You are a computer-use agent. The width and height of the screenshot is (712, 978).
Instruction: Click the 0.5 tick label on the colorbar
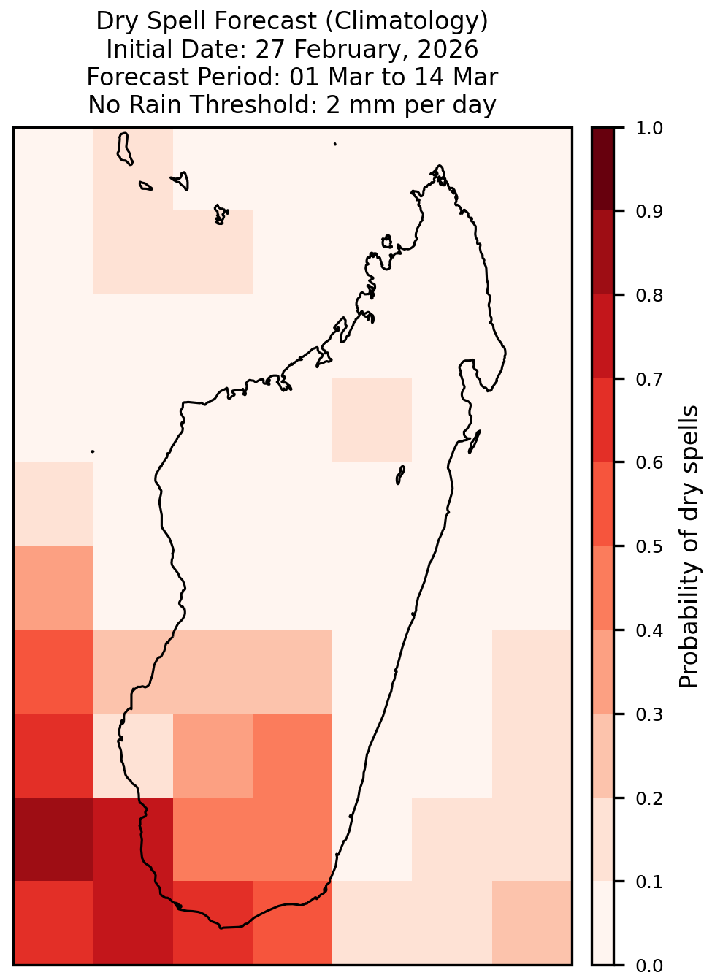(x=648, y=546)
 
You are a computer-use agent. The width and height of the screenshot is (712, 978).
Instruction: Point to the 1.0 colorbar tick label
(x=648, y=129)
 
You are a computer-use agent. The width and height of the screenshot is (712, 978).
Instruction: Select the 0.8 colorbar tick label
(x=648, y=296)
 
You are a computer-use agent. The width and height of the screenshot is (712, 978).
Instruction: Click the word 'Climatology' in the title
(x=406, y=21)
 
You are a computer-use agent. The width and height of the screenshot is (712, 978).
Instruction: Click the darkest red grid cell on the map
(x=53, y=838)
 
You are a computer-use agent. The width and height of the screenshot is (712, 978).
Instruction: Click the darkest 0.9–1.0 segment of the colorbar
(x=602, y=169)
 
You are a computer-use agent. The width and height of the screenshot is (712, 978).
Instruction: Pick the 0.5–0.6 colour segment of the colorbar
(x=602, y=504)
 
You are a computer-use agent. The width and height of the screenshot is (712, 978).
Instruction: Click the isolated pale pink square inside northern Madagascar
(x=372, y=420)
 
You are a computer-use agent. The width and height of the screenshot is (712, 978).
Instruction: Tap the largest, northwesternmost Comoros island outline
(x=124, y=148)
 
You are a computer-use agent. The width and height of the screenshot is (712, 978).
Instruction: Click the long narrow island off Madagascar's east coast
(x=475, y=441)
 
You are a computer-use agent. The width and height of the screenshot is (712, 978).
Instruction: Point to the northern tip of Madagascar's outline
(x=439, y=166)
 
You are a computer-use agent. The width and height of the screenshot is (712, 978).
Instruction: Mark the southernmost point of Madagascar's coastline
(x=221, y=928)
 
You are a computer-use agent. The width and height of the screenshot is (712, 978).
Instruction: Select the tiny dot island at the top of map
(x=335, y=144)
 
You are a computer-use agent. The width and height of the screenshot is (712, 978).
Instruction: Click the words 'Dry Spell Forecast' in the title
(x=206, y=21)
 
